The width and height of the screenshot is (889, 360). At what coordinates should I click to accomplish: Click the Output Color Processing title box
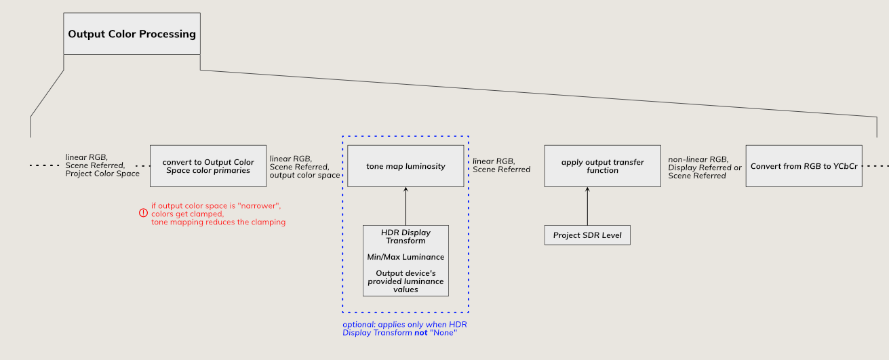[x=132, y=34]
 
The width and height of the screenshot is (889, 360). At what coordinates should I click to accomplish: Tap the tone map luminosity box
[x=406, y=166]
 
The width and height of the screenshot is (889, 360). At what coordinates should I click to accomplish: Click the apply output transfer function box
[x=602, y=166]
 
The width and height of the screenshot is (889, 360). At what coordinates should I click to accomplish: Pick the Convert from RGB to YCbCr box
[x=804, y=166]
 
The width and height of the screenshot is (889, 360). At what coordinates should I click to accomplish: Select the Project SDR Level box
[x=587, y=235]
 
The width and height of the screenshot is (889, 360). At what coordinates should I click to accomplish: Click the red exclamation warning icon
[x=143, y=213]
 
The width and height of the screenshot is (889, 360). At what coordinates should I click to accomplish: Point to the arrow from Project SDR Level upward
[x=587, y=206]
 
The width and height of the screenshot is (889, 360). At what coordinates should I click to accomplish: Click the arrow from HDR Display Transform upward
[x=406, y=206]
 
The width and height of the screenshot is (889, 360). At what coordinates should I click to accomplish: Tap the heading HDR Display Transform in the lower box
[x=406, y=237]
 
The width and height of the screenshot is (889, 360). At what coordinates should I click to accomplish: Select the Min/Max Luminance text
[x=406, y=257]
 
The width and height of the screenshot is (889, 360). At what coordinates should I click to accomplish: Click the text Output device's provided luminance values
[x=406, y=281]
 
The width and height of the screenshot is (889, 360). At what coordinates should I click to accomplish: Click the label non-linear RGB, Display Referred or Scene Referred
[x=705, y=167]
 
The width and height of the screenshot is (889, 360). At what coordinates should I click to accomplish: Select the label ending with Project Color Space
[x=102, y=165]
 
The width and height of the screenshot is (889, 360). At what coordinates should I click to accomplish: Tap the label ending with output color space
[x=304, y=167]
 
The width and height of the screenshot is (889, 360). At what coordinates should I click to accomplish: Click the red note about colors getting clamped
[x=218, y=214]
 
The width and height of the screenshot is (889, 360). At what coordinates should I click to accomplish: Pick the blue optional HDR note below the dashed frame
[x=400, y=329]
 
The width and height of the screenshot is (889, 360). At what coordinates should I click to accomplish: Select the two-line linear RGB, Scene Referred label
[x=501, y=165]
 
